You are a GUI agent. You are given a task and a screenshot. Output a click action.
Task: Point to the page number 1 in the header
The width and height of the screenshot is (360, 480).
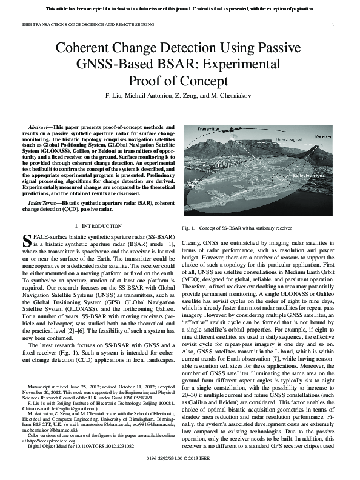[x=334, y=24]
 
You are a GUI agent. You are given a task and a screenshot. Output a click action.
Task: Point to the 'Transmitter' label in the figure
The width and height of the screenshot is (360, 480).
[x=208, y=129]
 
